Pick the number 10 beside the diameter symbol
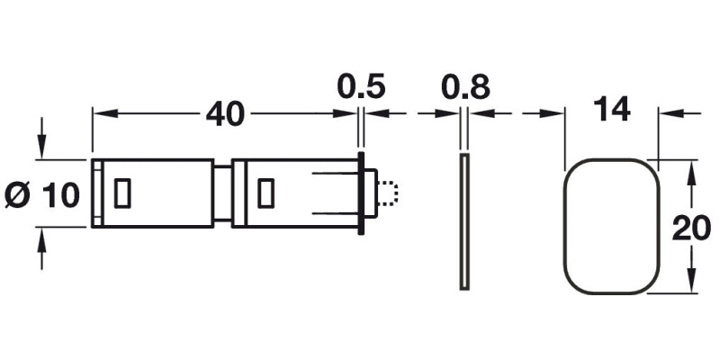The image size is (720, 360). click(x=60, y=193)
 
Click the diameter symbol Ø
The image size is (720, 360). click(x=19, y=193)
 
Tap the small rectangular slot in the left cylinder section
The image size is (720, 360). click(x=123, y=192)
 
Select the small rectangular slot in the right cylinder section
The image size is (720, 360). click(x=265, y=192)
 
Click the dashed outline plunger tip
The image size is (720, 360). click(x=389, y=192)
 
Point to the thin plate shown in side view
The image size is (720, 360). click(x=464, y=221)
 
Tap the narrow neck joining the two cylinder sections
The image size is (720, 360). click(x=221, y=193)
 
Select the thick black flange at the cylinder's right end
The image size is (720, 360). click(x=362, y=193)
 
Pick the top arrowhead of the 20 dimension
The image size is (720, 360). click(x=691, y=168)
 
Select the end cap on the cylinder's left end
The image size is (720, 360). click(x=96, y=193)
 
